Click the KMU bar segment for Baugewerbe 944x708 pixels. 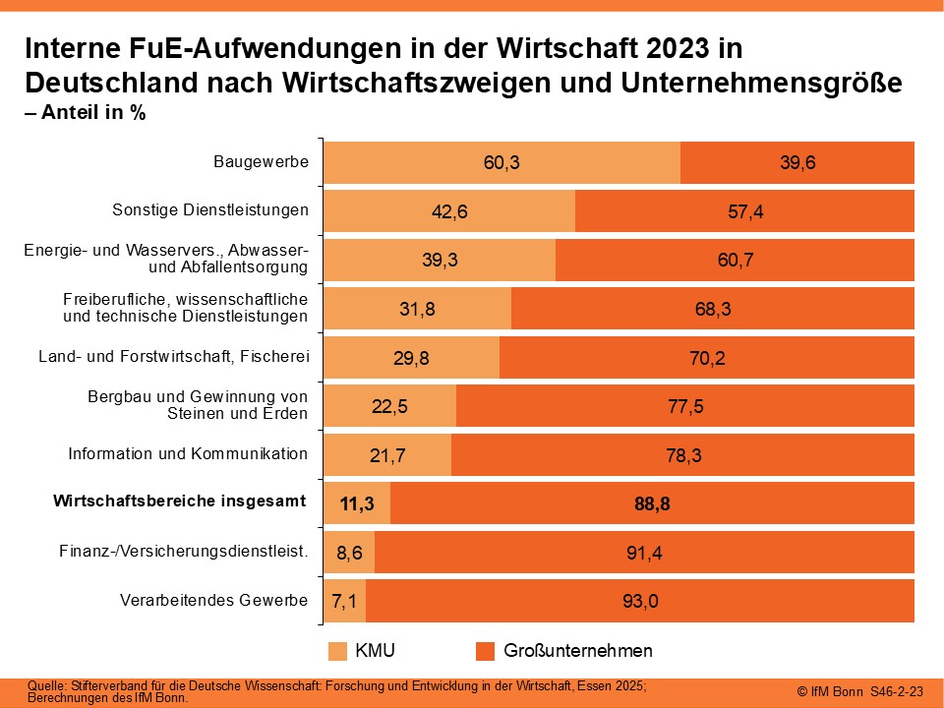(x=501, y=162)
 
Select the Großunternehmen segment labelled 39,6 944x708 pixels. (x=797, y=162)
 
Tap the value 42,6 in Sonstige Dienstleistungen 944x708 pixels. (x=448, y=211)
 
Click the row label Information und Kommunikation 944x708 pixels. (x=188, y=454)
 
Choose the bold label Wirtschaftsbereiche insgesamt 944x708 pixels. (x=179, y=501)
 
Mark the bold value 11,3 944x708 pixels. (x=357, y=503)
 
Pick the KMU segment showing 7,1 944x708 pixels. (x=345, y=601)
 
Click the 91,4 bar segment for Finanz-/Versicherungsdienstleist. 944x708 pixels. (x=644, y=552)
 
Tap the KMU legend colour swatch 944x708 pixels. (x=337, y=651)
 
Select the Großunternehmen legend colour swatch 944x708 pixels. (x=484, y=651)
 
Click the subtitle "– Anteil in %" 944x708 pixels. (x=85, y=112)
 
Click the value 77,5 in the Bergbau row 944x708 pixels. (x=684, y=406)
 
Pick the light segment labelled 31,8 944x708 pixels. (x=416, y=309)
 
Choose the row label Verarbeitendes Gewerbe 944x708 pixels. (x=213, y=600)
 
